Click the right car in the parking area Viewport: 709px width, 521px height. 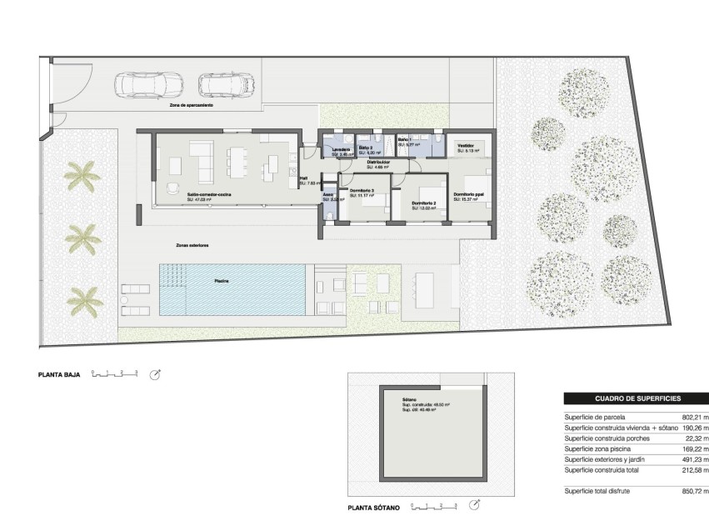coord(227,84)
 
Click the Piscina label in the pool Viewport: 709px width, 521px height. coord(222,281)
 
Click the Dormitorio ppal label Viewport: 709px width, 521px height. coord(467,195)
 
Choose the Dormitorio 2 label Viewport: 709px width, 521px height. coord(424,203)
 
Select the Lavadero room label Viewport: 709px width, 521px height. coord(340,149)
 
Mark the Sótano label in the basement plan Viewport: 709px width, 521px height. coord(408,399)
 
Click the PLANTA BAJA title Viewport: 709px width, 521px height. coord(59,376)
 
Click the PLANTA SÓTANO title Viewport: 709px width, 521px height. coord(374,507)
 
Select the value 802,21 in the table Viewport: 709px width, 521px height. coord(694,417)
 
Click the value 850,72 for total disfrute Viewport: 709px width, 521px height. coord(694,492)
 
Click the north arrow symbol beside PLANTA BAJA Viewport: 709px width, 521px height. coord(155,375)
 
